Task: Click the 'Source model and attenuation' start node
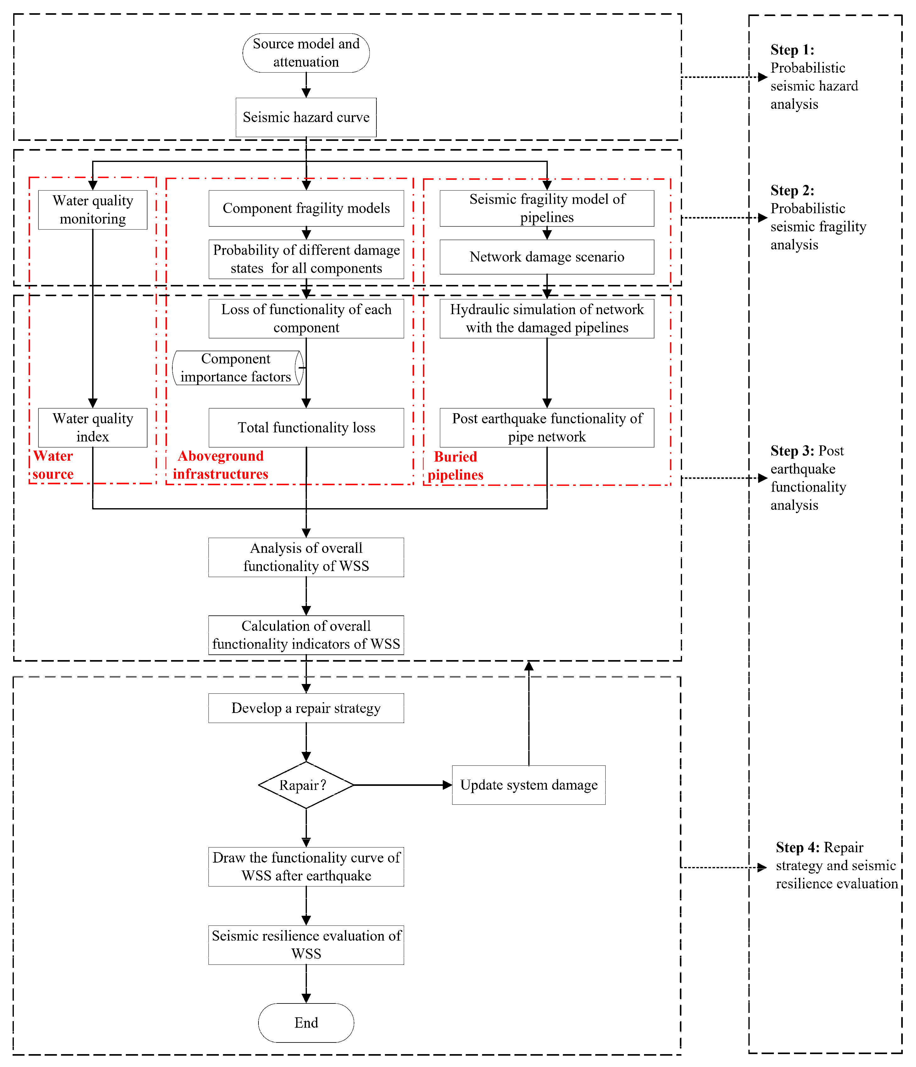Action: (306, 53)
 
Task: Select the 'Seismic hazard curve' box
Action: (306, 117)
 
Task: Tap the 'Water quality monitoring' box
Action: (93, 209)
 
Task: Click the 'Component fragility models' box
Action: (306, 208)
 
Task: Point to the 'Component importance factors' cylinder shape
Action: (237, 368)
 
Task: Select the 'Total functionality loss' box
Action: (306, 427)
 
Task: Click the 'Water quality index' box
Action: (93, 427)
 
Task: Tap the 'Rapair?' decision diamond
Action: (306, 785)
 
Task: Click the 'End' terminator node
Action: (306, 1022)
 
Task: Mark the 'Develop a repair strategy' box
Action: (306, 708)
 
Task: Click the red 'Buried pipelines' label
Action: (455, 465)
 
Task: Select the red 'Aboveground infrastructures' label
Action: (220, 464)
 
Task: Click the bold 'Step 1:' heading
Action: (792, 50)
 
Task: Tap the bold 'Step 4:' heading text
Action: (797, 847)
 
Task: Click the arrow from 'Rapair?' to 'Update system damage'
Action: (402, 785)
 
